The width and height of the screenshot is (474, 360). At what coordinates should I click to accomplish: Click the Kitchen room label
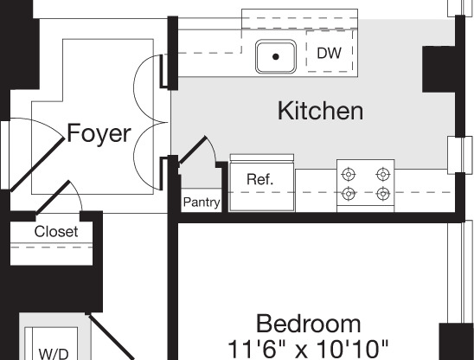(319, 112)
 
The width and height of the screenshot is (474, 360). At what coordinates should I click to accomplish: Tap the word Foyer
(99, 134)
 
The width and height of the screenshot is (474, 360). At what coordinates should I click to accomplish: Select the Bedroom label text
(309, 325)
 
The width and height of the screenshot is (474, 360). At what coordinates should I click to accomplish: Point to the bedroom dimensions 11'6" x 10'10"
(309, 349)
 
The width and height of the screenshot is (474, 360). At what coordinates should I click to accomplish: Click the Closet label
(55, 232)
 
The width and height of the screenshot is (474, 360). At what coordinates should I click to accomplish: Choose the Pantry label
(201, 203)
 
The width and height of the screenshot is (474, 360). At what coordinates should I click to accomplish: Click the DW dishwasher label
(329, 54)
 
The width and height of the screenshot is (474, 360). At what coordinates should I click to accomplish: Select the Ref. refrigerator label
(259, 180)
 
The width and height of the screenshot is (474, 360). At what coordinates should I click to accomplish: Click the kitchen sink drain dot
(276, 56)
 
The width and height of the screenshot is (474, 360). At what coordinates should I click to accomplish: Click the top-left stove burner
(349, 174)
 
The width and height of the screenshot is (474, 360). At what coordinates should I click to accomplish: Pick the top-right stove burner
(382, 174)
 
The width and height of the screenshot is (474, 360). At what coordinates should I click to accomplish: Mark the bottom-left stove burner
(349, 194)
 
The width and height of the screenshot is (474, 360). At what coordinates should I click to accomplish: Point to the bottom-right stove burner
(382, 194)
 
